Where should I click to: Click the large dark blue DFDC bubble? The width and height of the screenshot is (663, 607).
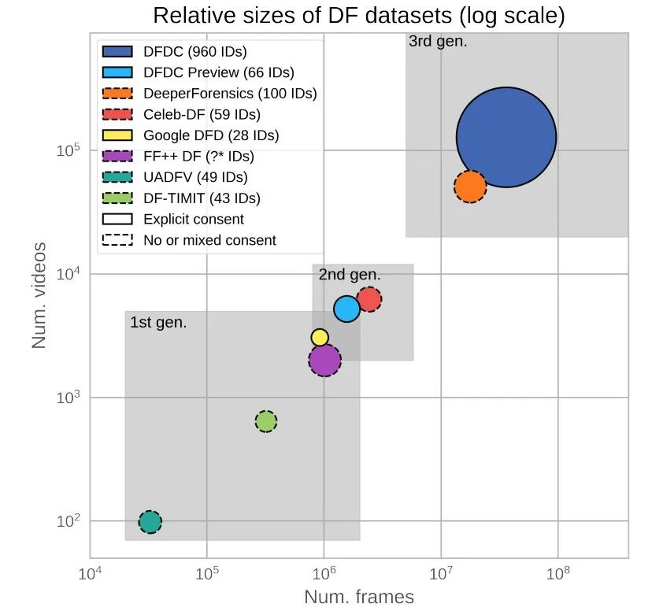[x=506, y=137]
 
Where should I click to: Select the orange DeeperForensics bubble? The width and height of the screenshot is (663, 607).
[x=470, y=187]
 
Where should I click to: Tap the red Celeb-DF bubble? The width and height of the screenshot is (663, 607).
[x=369, y=299]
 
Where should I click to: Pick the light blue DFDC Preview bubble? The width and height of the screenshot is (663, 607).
[x=346, y=309]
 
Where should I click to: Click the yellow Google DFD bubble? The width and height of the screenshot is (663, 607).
[x=320, y=337]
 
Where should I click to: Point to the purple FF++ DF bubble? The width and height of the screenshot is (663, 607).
[x=324, y=361]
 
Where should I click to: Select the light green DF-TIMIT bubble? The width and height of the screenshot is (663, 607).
[x=266, y=421]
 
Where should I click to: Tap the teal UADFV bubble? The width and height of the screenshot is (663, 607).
[x=150, y=521]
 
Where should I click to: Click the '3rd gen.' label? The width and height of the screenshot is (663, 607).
[x=438, y=42]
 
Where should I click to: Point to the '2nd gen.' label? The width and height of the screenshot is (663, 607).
[x=349, y=275]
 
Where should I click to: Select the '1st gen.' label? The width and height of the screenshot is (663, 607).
[x=158, y=322]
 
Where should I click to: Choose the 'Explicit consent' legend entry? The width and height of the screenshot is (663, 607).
[x=194, y=219]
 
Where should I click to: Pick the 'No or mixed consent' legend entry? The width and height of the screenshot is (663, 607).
[x=209, y=240]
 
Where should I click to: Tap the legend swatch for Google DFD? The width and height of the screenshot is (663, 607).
[x=118, y=135]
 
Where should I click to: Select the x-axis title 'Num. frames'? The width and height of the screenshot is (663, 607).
[x=358, y=597]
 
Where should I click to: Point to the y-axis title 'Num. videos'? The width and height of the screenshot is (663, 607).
[x=40, y=295]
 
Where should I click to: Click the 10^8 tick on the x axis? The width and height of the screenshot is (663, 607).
[x=557, y=571]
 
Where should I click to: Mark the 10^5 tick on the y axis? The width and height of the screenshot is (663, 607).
[x=70, y=151]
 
